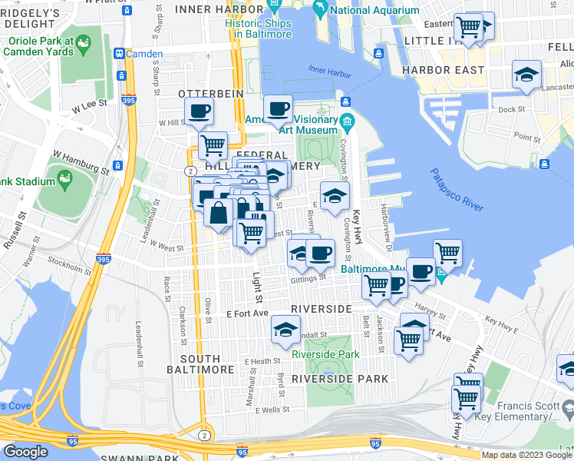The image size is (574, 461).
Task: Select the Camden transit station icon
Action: (x=120, y=54)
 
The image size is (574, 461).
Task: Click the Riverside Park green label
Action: (x=325, y=354)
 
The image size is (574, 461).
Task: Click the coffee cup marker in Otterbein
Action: (x=199, y=111)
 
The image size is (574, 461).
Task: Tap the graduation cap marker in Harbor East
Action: (x=526, y=75)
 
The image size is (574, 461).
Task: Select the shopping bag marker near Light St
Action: (x=219, y=213)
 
